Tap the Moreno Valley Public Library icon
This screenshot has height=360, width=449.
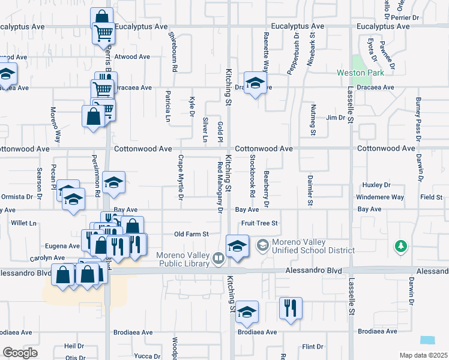click(218, 258)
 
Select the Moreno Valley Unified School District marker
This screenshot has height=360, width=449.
click(262, 245)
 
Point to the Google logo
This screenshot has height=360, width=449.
click(20, 353)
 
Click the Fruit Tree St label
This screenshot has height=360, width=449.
click(259, 223)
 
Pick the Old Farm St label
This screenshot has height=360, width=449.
click(191, 234)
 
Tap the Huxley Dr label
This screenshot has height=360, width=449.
click(377, 185)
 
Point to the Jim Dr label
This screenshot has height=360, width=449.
click(335, 118)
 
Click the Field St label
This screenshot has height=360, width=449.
click(431, 197)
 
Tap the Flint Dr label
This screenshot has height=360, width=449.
click(313, 347)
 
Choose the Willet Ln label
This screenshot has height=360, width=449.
click(23, 223)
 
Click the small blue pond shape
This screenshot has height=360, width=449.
click(429, 340)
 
